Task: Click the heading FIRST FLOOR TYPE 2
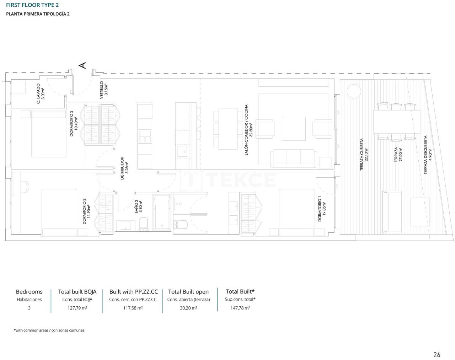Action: pos(32,5)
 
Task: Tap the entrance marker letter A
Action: pos(82,65)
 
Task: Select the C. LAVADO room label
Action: pos(41,94)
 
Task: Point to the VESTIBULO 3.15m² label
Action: pos(103,90)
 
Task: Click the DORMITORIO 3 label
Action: pos(74,123)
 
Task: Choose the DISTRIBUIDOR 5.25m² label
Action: pos(124,168)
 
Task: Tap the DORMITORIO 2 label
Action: pos(86,211)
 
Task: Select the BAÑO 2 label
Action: pos(138,206)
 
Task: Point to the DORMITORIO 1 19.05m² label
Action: pos(321,209)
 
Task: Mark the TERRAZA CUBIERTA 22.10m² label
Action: pos(364,155)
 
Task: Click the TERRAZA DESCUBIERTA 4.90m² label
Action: pos(428,155)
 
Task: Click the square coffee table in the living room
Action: pos(294,129)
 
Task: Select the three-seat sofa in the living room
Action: pos(294,158)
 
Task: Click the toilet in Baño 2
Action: pos(144,224)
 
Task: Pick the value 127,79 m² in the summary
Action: pos(77,308)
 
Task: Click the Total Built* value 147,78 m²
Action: pos(240,308)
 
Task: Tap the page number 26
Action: pos(437,354)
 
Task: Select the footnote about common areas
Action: pos(49,330)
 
